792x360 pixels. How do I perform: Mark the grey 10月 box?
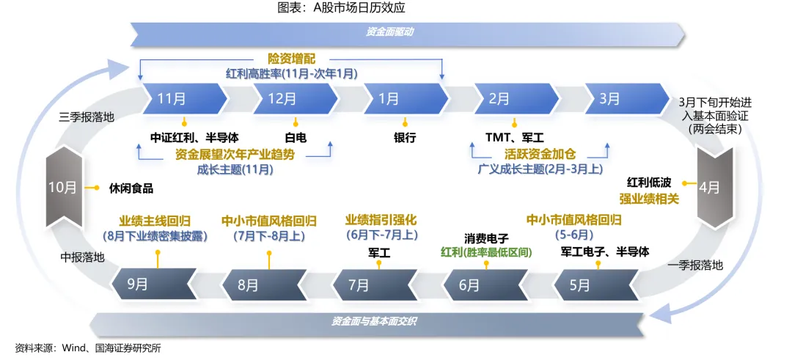point(63,187)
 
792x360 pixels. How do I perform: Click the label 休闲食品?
point(131,188)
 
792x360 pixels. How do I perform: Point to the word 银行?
point(405,137)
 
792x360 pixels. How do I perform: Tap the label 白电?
point(296,137)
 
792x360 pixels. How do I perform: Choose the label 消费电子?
point(486,238)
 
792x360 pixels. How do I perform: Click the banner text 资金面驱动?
point(390,32)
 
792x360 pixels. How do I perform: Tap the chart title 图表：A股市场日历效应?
point(351,9)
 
